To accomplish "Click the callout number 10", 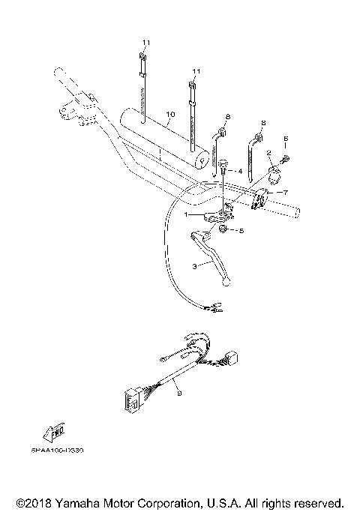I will coord(170,115).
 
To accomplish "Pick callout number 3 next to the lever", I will coord(195,265).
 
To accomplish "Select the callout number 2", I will coord(268,153).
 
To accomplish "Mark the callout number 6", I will coord(285,140).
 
